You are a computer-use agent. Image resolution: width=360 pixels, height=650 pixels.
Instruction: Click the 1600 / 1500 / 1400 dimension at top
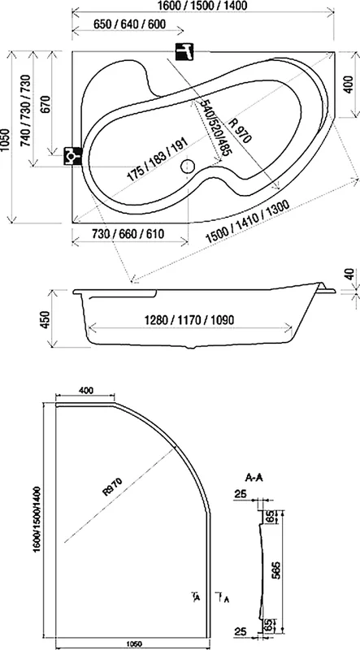pyautogui.click(x=202, y=6)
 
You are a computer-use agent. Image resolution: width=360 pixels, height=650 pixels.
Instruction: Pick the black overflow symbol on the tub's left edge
pyautogui.click(x=72, y=154)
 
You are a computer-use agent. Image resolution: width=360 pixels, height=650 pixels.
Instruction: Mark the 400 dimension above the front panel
pyautogui.click(x=85, y=391)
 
